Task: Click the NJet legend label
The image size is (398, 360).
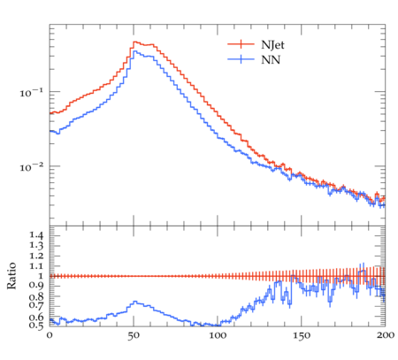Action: [x=272, y=45]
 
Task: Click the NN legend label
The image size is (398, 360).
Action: [x=271, y=60]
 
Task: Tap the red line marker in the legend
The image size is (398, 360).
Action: [x=241, y=44]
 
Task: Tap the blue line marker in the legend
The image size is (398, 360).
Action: [x=241, y=59]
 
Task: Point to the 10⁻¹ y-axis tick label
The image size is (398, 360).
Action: [x=31, y=93]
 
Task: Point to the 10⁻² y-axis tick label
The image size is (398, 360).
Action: [x=31, y=167]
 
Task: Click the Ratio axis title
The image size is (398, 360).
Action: [x=11, y=276]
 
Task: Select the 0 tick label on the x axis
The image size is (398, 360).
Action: [x=50, y=335]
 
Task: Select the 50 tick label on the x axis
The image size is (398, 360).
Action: [x=134, y=335]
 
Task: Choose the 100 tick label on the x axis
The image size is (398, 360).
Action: [x=218, y=335]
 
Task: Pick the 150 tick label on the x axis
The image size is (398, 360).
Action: [x=302, y=335]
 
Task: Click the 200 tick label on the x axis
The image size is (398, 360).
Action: [x=386, y=335]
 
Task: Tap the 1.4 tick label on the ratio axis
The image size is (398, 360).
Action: [x=36, y=235]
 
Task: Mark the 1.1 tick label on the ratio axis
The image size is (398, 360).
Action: [x=36, y=266]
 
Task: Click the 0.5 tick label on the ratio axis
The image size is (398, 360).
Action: [x=36, y=326]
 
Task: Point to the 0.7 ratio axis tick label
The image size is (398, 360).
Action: [x=36, y=304]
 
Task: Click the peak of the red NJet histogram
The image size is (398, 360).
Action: [x=134, y=42]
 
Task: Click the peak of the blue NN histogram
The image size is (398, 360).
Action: [x=134, y=51]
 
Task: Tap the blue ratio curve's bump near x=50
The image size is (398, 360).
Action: [x=134, y=302]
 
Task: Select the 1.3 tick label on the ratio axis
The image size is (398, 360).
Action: [x=36, y=245]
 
